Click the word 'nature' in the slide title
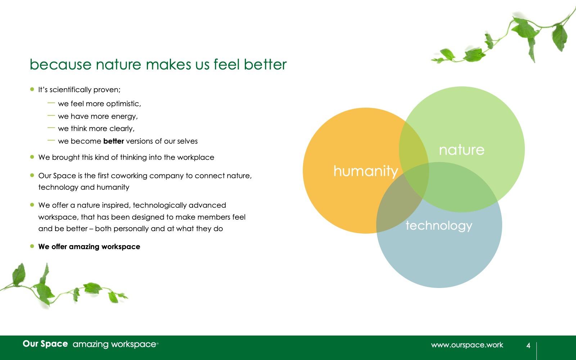118,65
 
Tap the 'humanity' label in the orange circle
366,171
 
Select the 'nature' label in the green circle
462,150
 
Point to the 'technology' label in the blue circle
439,226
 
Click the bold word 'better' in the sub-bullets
114,141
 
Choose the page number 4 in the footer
528,345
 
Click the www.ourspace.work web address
467,345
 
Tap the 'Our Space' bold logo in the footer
45,344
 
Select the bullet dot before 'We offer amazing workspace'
32,246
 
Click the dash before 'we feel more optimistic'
51,103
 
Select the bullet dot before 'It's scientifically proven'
32,89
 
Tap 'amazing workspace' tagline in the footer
114,344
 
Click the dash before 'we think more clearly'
51,128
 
